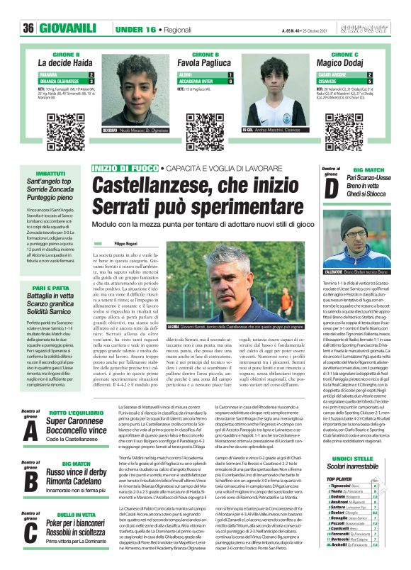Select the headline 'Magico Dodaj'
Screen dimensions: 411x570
point(354,63)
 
